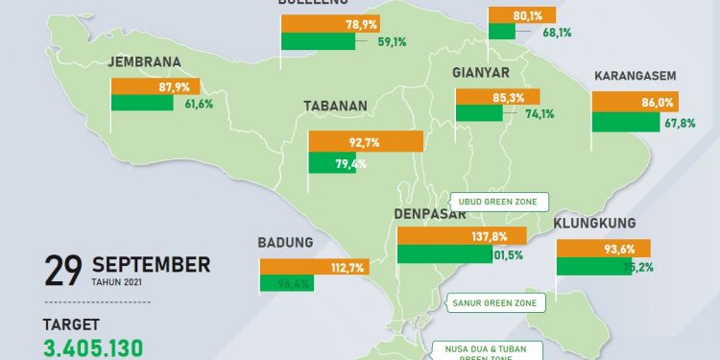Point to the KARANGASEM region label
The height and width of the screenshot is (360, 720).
click(636, 75)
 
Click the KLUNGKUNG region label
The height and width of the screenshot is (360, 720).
click(595, 224)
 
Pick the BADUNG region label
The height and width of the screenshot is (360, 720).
click(285, 242)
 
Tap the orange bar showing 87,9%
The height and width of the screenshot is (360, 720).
click(156, 85)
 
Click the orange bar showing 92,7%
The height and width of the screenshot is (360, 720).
click(365, 142)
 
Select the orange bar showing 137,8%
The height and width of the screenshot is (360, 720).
click(461, 235)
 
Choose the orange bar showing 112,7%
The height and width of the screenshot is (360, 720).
click(312, 267)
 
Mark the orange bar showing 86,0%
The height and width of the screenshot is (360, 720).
click(634, 101)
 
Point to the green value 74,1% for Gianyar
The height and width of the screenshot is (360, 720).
click(526, 114)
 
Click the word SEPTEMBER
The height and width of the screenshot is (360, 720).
click(151, 263)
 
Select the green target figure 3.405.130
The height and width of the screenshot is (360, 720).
click(94, 348)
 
